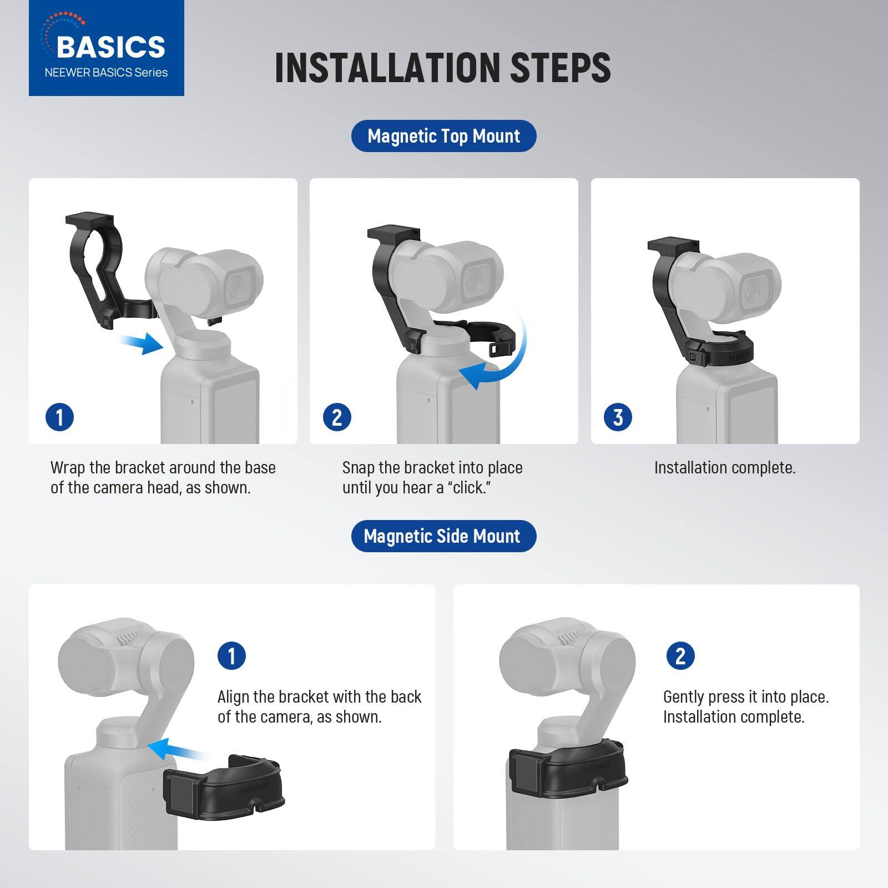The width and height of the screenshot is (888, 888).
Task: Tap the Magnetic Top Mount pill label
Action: tap(443, 136)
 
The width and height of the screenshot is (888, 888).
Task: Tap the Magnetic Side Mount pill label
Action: tap(443, 536)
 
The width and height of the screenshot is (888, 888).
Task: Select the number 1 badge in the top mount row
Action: tap(59, 417)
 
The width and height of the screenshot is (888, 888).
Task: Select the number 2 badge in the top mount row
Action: tap(337, 417)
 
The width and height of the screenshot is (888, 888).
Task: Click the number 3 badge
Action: tap(618, 417)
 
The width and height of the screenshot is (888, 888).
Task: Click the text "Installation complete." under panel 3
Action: tap(724, 468)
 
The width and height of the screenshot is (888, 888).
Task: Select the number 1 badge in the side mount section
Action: tap(231, 655)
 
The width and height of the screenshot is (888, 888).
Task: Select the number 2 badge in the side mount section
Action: tap(680, 655)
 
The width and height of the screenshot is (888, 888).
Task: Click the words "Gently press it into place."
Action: tap(745, 697)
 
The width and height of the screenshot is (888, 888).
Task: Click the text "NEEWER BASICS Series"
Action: tap(106, 73)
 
